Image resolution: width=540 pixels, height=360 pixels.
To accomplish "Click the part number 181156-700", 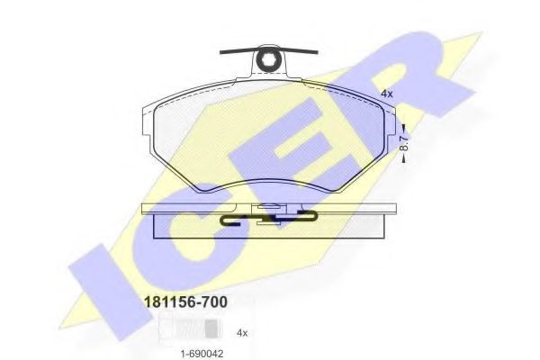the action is click(185, 302).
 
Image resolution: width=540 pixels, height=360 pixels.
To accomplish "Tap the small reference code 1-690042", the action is click(202, 354).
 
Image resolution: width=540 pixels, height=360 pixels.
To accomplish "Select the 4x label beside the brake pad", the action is click(386, 94).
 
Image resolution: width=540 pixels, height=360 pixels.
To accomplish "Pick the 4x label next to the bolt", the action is click(242, 333).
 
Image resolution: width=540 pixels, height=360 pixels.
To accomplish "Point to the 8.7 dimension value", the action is click(404, 142).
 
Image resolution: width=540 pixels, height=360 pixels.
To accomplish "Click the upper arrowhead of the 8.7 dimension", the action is click(404, 127).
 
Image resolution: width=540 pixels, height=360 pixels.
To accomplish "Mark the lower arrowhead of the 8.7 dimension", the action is click(404, 158).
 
